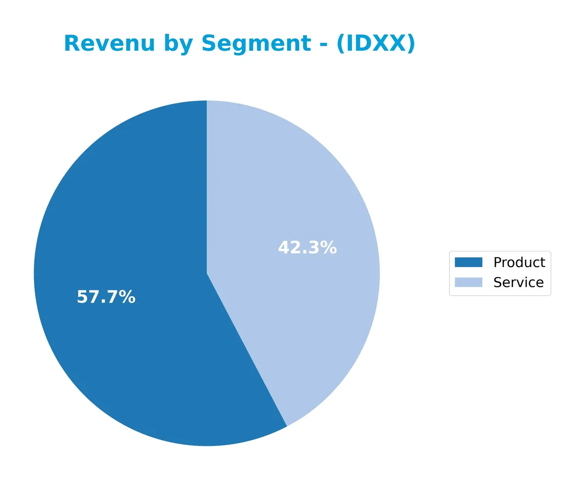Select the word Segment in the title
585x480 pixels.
[x=256, y=44]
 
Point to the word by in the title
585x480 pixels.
[x=178, y=44]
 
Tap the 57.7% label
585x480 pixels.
[x=106, y=297]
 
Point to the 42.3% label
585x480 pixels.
[x=307, y=248]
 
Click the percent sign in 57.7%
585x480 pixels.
[x=128, y=297]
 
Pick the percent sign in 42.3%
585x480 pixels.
[x=329, y=248]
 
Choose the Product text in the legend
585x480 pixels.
[x=519, y=262]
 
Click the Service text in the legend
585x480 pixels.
[x=518, y=282]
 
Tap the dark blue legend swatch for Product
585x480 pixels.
[x=468, y=262]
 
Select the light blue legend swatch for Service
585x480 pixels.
[x=468, y=282]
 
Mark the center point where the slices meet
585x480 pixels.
[x=207, y=273]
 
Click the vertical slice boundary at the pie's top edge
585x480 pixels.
[x=207, y=102]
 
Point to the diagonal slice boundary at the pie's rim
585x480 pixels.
[x=287, y=425]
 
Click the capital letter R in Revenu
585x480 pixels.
[x=72, y=44]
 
